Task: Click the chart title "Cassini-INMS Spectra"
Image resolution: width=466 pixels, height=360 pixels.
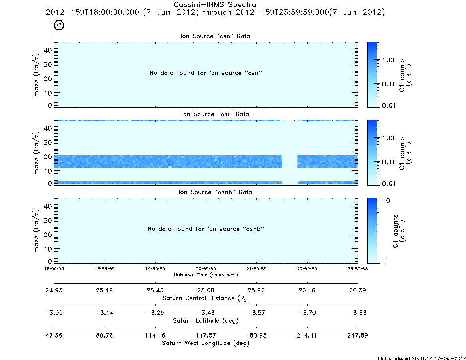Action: [x=215, y=5]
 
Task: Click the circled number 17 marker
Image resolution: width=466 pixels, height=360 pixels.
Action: [x=59, y=25]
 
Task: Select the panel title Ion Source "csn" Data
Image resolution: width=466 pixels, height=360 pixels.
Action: [x=215, y=36]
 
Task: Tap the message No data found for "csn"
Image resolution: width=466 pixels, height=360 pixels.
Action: [x=206, y=73]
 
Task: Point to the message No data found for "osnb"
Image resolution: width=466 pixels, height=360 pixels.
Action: [x=206, y=229]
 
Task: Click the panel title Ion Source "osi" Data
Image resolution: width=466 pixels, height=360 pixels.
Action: [x=215, y=114]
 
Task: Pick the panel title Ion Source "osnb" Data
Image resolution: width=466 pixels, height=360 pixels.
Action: [x=215, y=192]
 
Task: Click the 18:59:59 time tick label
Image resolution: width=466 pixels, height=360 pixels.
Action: [x=105, y=269]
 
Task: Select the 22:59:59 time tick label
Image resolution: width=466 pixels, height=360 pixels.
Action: [x=307, y=269]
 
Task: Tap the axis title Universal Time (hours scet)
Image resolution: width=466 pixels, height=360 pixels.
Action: [x=206, y=275]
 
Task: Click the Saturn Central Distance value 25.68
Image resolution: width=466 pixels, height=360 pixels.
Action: [x=206, y=290]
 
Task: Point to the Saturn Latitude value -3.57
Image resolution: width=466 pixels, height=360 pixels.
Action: [x=256, y=313]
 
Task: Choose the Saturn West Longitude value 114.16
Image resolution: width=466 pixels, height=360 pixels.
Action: [x=155, y=335]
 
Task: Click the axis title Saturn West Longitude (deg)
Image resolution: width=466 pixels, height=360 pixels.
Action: [x=206, y=343]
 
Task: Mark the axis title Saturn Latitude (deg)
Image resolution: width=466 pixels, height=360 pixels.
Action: [x=206, y=321]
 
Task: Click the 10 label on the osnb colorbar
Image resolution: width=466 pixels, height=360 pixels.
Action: [x=386, y=201]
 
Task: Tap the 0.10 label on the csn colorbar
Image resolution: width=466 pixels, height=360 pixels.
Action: [x=389, y=84]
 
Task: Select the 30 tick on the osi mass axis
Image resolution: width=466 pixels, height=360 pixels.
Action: [x=48, y=142]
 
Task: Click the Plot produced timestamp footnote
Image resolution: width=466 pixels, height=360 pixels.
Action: [x=422, y=358]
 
